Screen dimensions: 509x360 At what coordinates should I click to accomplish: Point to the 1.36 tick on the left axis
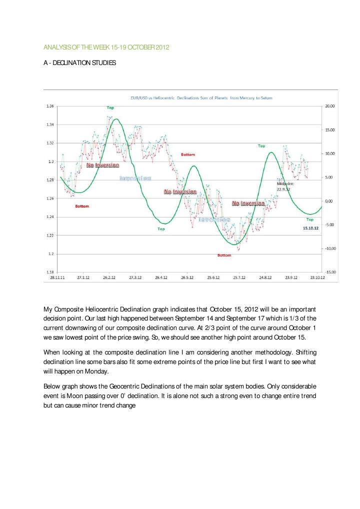coord(49,106)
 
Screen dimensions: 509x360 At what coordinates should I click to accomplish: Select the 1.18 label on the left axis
coord(49,272)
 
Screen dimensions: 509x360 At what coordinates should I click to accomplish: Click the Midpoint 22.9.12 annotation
coord(286,186)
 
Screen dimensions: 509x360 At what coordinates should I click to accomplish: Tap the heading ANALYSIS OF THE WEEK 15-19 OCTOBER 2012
coord(106,47)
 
